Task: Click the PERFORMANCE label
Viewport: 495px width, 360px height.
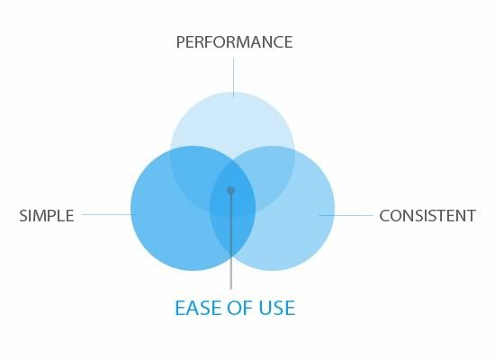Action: click(x=234, y=42)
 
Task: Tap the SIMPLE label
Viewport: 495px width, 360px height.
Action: click(x=47, y=216)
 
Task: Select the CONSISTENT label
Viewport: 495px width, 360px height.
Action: click(x=427, y=216)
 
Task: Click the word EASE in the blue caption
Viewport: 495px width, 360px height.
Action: click(x=199, y=308)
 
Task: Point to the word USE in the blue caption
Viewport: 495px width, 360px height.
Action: click(x=277, y=308)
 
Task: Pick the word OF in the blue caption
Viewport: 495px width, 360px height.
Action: click(x=240, y=308)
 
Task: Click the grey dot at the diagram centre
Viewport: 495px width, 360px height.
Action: click(x=230, y=191)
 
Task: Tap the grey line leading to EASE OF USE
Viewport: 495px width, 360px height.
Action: click(x=231, y=241)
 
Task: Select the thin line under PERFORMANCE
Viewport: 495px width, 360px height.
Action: click(x=233, y=77)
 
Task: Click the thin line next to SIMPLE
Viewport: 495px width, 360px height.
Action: click(x=109, y=214)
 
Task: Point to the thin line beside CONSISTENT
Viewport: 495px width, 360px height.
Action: click(x=346, y=215)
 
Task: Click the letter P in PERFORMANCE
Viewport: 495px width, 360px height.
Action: click(x=180, y=42)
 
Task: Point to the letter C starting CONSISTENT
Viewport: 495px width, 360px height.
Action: click(x=384, y=216)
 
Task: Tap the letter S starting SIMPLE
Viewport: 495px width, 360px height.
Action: click(x=23, y=216)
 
